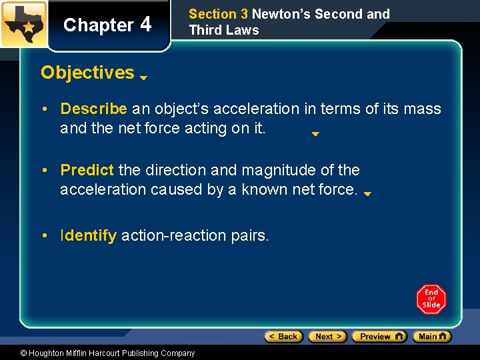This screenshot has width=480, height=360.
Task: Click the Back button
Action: click(x=284, y=337)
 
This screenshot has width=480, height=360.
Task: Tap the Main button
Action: click(x=432, y=337)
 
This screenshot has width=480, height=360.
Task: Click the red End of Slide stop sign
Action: click(x=431, y=299)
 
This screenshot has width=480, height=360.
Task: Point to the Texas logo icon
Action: click(x=23, y=24)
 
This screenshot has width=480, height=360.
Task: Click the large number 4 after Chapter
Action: click(x=146, y=24)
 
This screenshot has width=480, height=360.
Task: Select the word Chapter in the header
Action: click(x=98, y=25)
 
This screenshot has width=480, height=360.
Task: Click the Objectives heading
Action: click(x=87, y=73)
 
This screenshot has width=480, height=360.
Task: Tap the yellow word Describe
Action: click(x=93, y=109)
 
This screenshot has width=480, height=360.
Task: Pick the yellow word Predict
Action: click(x=87, y=170)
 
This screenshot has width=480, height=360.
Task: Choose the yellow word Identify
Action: click(x=89, y=235)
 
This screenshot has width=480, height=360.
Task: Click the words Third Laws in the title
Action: click(x=224, y=30)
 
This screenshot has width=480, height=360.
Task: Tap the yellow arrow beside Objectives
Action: click(x=143, y=77)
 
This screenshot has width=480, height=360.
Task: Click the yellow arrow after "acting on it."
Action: click(x=316, y=133)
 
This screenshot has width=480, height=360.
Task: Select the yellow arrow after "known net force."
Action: click(x=367, y=194)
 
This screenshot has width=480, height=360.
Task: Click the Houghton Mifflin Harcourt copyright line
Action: click(x=107, y=353)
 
